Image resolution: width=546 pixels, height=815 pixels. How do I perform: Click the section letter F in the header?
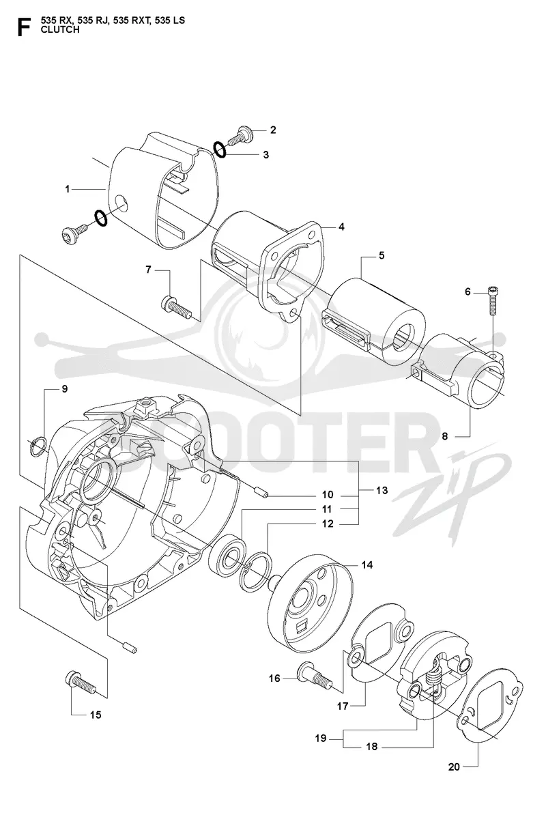click(x=23, y=27)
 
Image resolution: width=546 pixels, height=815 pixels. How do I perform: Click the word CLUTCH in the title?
click(x=60, y=29)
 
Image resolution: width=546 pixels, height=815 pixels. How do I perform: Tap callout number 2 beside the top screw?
click(x=273, y=130)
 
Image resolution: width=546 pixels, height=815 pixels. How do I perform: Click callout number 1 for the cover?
click(x=67, y=190)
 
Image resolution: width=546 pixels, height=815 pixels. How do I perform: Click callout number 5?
click(x=382, y=256)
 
